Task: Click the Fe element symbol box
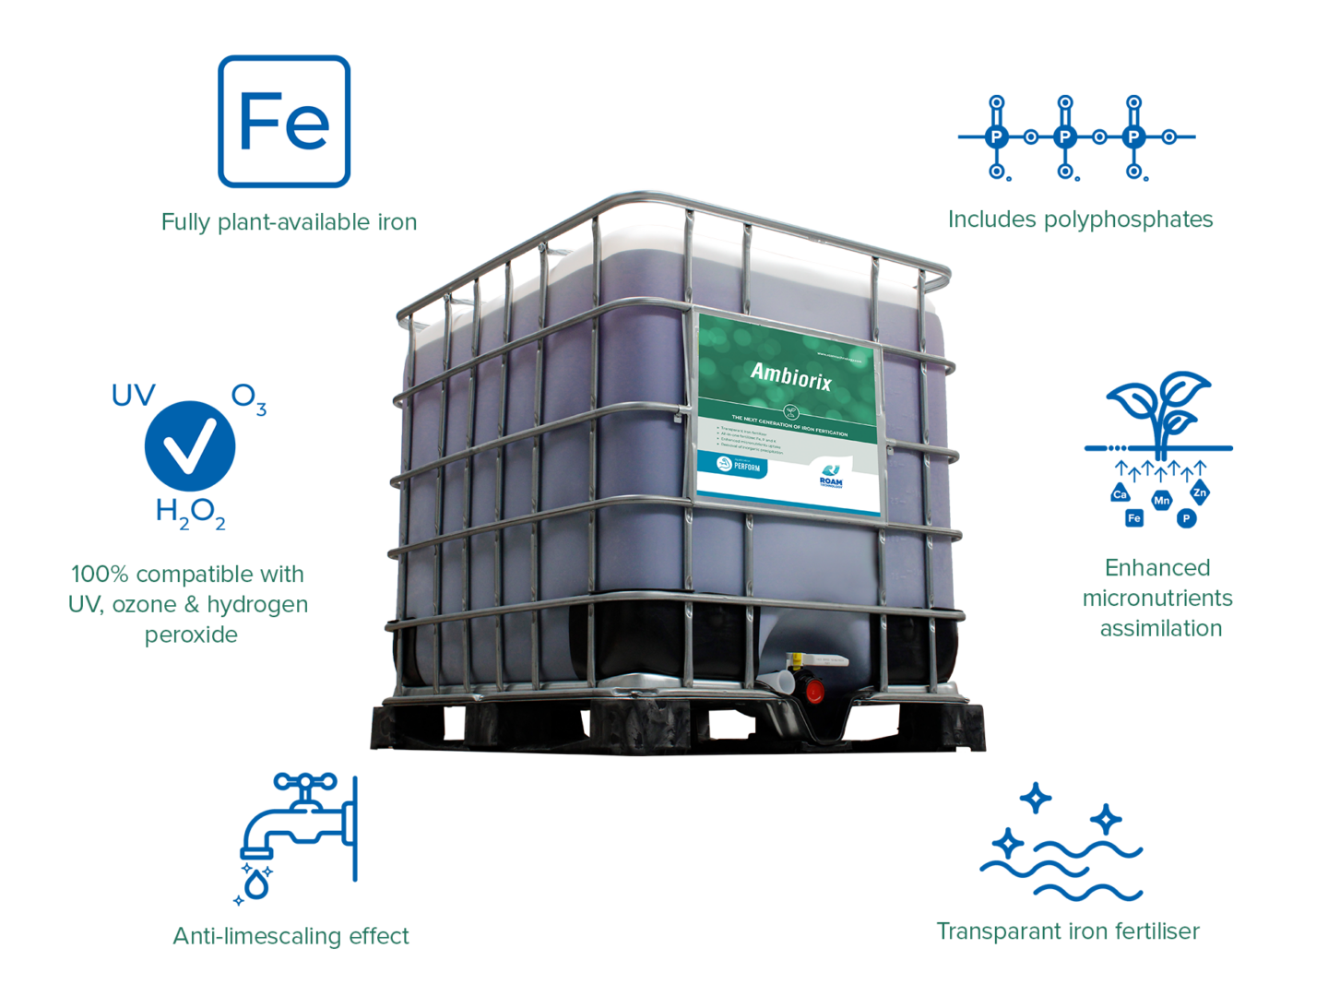point(284,122)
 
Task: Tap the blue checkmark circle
point(190,445)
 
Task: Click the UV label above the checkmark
point(133,396)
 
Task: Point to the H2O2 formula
point(190,513)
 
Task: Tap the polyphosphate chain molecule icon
point(1075,137)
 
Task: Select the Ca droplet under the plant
point(1120,493)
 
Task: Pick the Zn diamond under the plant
point(1199,492)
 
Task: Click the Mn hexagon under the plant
point(1161,501)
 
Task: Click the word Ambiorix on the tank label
point(790,376)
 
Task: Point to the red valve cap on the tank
point(813,690)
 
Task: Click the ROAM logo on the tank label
point(831,477)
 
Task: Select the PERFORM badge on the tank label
point(738,466)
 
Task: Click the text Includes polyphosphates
point(1080,219)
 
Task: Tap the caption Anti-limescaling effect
point(290,936)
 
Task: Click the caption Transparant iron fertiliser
point(1068,931)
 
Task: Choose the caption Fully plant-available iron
point(289,222)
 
